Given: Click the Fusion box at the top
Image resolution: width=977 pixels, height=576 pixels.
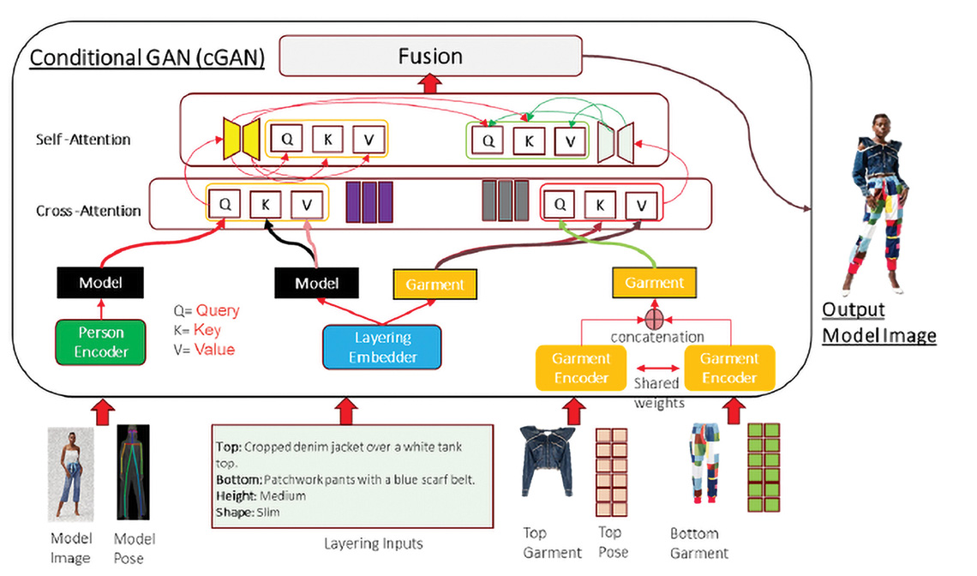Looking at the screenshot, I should point(430,57).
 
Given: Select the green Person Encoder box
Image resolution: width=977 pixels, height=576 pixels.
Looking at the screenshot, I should point(102,342).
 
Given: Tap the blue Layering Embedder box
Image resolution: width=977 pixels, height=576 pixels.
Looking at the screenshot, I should point(381,347).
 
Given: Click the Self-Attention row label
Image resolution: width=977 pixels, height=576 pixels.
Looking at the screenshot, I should point(84,138).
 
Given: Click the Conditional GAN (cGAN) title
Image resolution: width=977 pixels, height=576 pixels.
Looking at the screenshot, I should point(147,60).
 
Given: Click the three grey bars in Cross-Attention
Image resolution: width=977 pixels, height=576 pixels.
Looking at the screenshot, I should point(502,201).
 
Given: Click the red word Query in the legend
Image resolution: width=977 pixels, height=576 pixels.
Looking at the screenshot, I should point(219,311).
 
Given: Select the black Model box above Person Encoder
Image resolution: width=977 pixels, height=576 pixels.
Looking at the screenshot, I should point(101,282).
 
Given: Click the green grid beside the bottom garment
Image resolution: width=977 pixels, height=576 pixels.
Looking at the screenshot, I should point(764,468).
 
